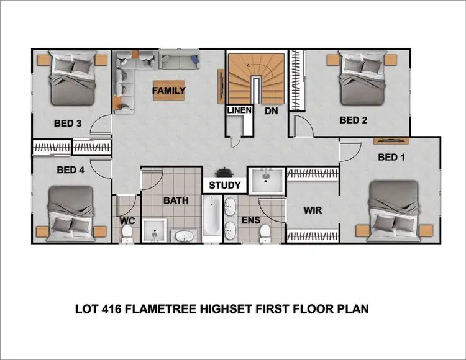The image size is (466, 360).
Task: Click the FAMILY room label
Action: click(170, 91)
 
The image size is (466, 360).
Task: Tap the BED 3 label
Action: click(69, 124)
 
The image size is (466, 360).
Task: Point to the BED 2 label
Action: click(352, 120)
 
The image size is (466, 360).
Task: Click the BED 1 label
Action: click(391, 158)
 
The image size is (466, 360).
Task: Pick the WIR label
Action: click(313, 210)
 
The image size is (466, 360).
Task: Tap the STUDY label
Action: click(224, 185)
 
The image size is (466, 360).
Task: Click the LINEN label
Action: click(239, 110)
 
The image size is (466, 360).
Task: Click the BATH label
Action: click(176, 200)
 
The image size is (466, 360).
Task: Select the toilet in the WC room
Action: click(127, 232)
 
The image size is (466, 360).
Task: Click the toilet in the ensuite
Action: click(265, 232)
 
